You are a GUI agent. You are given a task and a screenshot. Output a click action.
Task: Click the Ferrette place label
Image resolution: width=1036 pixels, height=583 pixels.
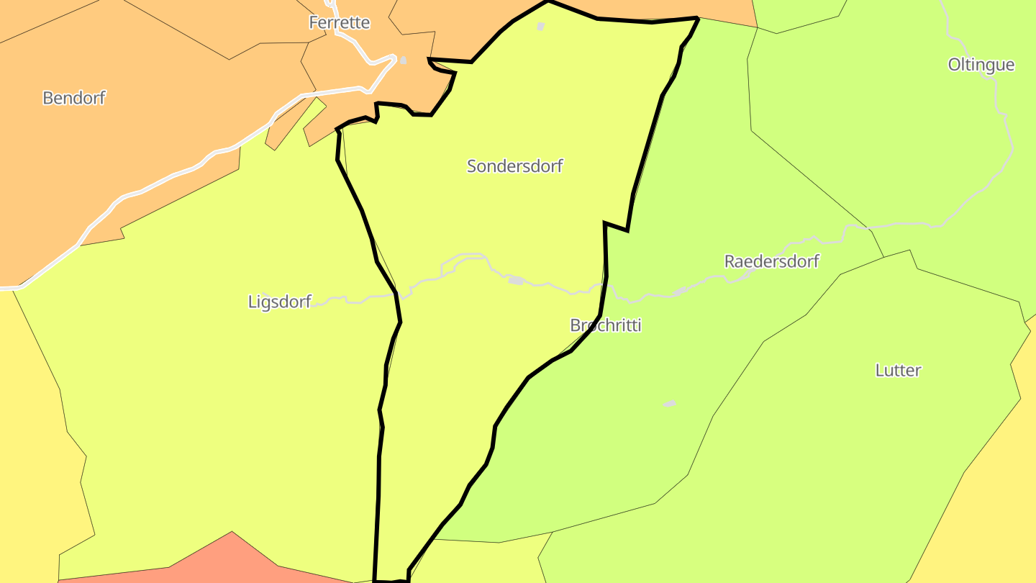click(x=339, y=22)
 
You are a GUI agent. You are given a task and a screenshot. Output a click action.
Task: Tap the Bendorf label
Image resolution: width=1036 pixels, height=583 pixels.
click(x=73, y=98)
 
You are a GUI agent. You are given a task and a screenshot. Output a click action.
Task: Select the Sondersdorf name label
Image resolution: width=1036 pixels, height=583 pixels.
click(x=514, y=166)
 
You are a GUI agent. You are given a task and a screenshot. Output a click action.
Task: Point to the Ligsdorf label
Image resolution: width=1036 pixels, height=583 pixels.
click(x=279, y=302)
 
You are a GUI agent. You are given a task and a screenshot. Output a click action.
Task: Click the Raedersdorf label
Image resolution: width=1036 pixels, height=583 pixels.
click(x=771, y=261)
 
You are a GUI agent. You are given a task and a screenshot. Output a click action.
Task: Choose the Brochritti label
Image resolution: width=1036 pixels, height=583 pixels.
click(x=605, y=325)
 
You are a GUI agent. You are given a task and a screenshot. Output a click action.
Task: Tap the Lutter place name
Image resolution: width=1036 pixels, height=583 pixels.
click(x=898, y=371)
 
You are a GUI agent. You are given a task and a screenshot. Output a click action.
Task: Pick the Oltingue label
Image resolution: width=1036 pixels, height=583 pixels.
click(x=981, y=65)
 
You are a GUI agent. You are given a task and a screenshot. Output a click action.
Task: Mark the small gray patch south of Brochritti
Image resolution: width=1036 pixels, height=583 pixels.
click(x=670, y=403)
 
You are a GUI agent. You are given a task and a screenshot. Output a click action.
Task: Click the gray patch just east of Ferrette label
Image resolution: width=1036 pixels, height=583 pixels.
click(x=404, y=60)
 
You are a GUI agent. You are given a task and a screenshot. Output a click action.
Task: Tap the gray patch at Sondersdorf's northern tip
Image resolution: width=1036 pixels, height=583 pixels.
click(x=541, y=27)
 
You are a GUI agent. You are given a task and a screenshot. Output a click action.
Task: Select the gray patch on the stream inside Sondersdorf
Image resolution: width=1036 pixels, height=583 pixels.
click(x=516, y=280)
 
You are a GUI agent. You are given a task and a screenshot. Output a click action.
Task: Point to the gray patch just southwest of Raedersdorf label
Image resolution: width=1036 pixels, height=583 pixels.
click(x=679, y=291)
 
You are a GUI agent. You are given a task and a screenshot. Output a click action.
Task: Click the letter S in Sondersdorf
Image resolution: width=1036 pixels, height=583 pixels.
click(x=472, y=166)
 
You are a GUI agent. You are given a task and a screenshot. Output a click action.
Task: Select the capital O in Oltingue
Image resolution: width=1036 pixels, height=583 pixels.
click(x=954, y=65)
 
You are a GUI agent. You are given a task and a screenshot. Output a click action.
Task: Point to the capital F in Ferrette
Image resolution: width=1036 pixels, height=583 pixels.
click(x=313, y=22)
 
